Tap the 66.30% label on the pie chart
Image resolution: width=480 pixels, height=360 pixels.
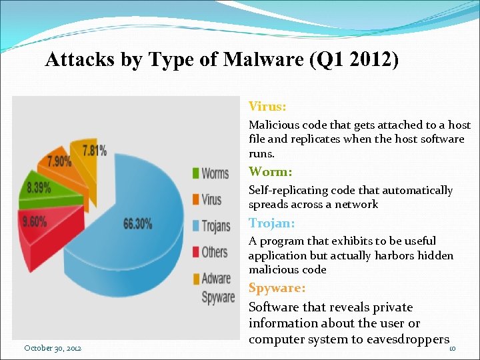(137, 224)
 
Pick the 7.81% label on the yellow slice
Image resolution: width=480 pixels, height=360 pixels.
(94, 150)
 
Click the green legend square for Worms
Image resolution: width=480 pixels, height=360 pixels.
(195, 173)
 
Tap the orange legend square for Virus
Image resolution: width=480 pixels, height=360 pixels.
(195, 199)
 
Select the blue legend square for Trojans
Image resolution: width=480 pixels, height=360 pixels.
(195, 226)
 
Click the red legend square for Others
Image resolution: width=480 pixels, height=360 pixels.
(195, 252)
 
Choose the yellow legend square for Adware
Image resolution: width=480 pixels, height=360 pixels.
(195, 278)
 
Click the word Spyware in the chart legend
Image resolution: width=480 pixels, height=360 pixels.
(218, 297)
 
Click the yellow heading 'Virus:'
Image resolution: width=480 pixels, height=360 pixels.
(267, 106)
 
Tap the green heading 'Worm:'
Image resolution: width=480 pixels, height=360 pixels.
(270, 172)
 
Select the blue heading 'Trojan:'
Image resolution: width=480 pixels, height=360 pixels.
(271, 223)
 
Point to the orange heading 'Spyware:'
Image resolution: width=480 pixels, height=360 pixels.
(277, 288)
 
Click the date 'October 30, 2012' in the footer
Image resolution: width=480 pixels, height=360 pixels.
(53, 348)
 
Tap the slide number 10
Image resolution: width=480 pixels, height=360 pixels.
(452, 349)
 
